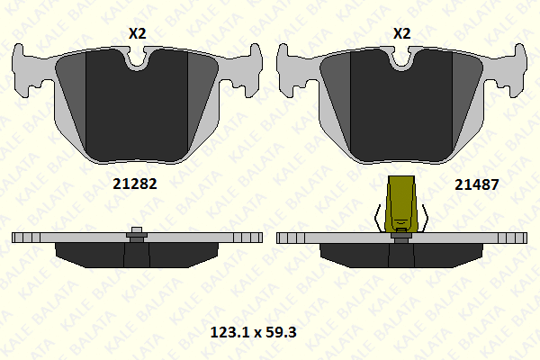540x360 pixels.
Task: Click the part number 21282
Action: click(x=135, y=184)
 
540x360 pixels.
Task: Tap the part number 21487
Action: click(x=477, y=185)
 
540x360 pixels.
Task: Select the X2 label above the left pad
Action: click(x=138, y=33)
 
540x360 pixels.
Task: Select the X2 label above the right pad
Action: click(x=402, y=33)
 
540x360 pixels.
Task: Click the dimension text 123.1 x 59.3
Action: click(x=253, y=332)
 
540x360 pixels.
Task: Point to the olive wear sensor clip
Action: click(x=401, y=204)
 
